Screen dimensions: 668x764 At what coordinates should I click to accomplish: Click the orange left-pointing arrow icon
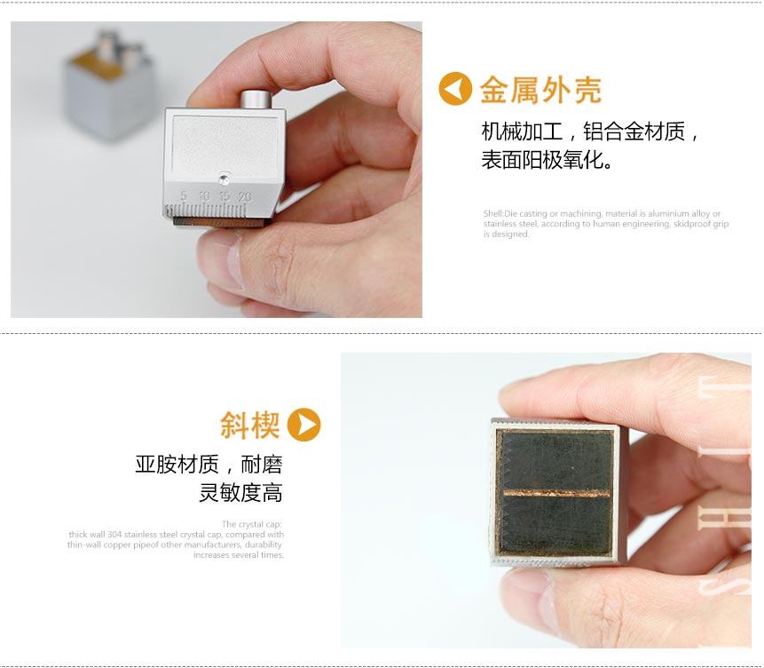click(455, 90)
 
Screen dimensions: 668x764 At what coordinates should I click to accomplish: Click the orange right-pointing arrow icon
click(303, 425)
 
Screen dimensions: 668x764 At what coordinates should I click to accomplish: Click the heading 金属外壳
click(540, 90)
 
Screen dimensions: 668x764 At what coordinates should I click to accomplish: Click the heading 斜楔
click(249, 425)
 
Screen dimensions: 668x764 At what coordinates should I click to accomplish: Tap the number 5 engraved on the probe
click(184, 195)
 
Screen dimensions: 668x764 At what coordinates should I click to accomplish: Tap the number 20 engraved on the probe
click(244, 195)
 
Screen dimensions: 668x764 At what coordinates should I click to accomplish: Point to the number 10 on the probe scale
click(204, 195)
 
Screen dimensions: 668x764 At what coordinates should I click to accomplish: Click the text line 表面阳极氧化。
click(547, 161)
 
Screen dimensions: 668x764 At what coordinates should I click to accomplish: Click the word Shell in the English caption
click(492, 213)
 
